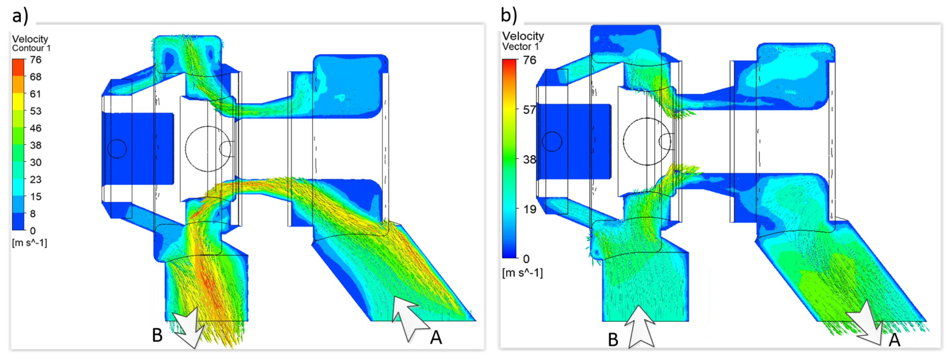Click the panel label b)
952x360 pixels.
click(x=509, y=15)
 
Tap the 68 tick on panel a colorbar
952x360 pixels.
click(x=36, y=77)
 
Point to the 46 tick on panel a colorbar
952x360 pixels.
click(x=36, y=128)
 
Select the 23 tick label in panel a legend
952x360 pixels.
click(x=36, y=180)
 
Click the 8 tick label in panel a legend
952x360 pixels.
click(x=33, y=214)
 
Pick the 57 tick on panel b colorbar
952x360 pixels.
click(x=529, y=110)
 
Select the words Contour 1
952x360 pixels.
click(x=31, y=48)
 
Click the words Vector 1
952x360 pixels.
click(x=520, y=47)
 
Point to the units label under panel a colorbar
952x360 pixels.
click(x=30, y=243)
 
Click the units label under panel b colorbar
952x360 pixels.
click(x=522, y=273)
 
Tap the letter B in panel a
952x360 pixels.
click(x=158, y=335)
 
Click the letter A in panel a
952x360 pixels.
click(x=436, y=337)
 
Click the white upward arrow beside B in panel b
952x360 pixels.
click(x=640, y=327)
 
